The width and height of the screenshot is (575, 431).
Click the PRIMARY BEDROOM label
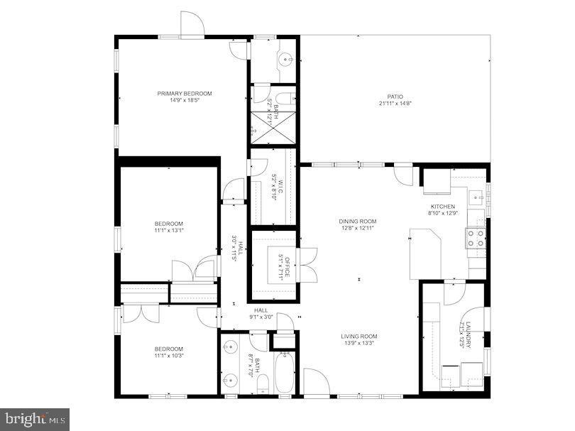(x=185, y=93)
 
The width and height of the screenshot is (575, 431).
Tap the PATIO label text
(x=395, y=97)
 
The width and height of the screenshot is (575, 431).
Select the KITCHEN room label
(x=442, y=207)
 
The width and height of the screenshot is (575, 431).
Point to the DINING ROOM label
(x=357, y=222)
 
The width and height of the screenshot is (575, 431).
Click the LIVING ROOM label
(x=359, y=337)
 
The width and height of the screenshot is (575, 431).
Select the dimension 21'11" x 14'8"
(x=395, y=104)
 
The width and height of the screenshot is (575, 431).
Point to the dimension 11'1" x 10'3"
(x=169, y=356)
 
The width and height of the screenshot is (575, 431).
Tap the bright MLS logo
(x=35, y=418)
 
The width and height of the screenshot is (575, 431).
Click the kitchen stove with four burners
(x=476, y=238)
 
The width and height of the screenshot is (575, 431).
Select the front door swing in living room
(x=315, y=381)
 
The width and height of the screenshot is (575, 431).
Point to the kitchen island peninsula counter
(x=426, y=249)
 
